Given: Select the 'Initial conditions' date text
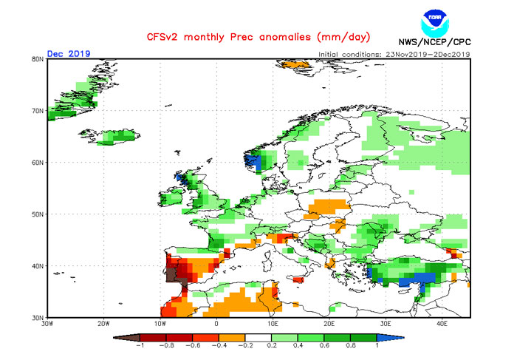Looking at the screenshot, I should [394, 55].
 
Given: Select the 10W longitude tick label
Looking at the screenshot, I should [160, 324].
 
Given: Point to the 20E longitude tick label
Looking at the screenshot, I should [329, 324].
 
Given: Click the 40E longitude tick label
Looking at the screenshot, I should [442, 324].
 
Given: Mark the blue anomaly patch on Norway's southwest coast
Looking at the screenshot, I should [253, 161].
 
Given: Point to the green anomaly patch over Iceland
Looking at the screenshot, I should [118, 137].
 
